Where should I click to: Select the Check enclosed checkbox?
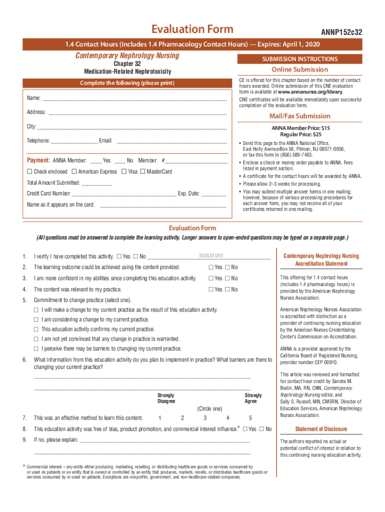29,172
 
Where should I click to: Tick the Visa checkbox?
123,172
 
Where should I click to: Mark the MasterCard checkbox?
142,172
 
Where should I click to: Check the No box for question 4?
227,289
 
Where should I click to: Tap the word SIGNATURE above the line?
211,256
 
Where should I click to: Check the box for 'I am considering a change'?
36,319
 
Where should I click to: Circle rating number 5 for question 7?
250,418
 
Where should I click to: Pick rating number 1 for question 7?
159,418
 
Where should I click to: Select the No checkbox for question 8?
261,429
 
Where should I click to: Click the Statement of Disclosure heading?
320,429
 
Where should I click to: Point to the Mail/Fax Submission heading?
299,116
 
